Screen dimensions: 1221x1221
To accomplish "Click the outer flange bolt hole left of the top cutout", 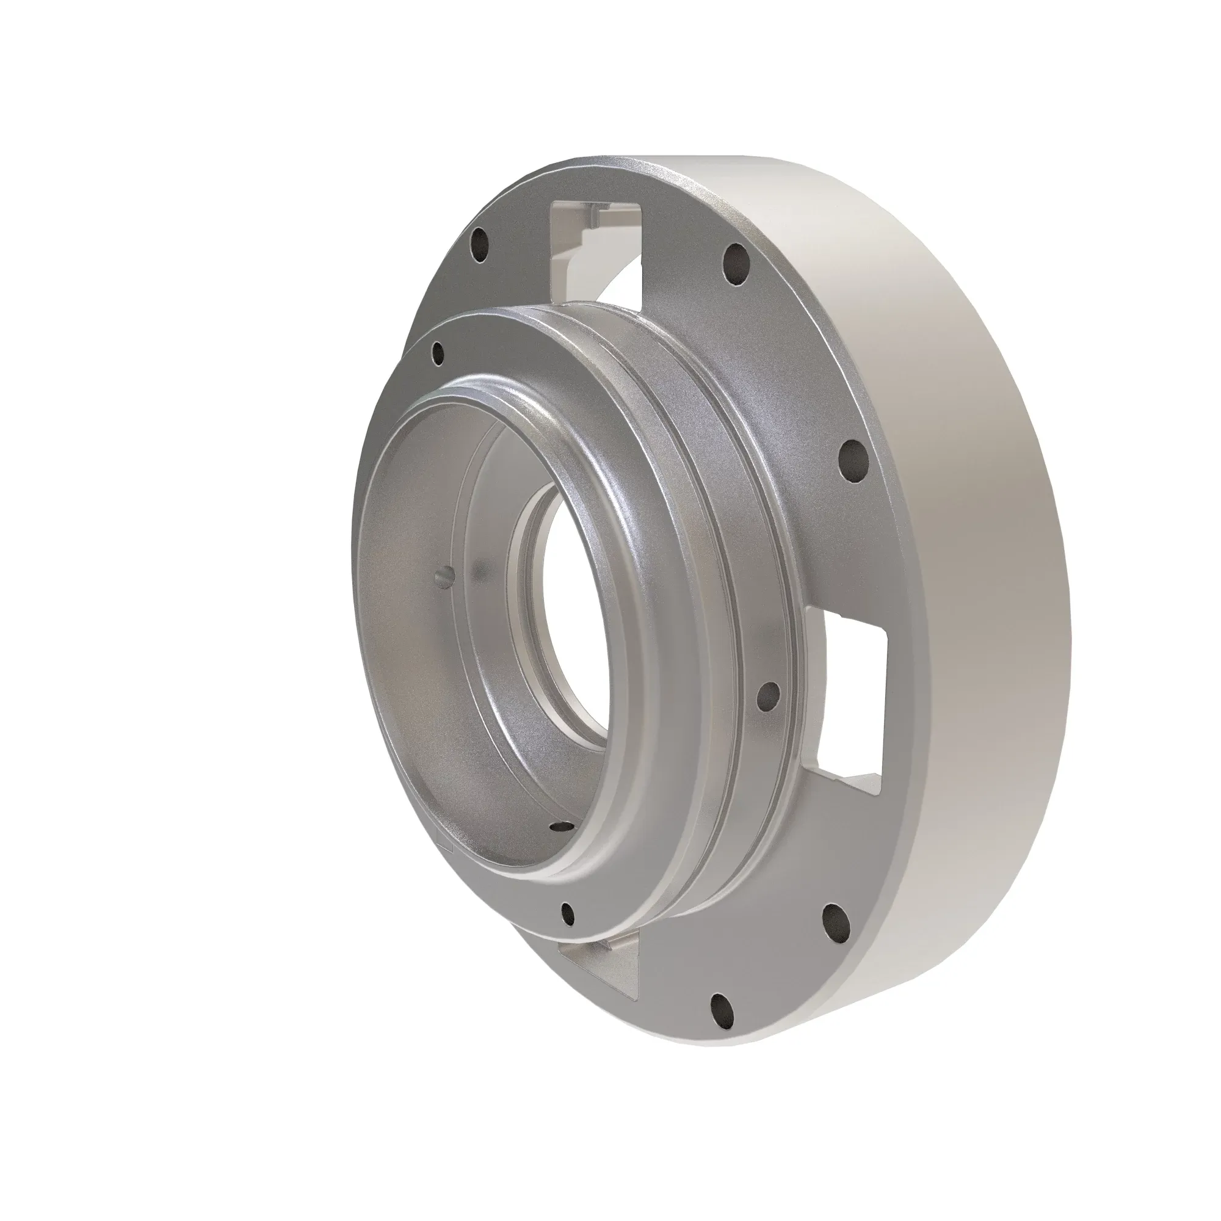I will [482, 245].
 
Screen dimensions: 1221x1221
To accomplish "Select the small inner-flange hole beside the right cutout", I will [769, 695].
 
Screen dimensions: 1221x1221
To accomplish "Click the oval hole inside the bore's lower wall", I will [559, 825].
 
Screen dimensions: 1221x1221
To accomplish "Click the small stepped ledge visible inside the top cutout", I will [591, 218].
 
